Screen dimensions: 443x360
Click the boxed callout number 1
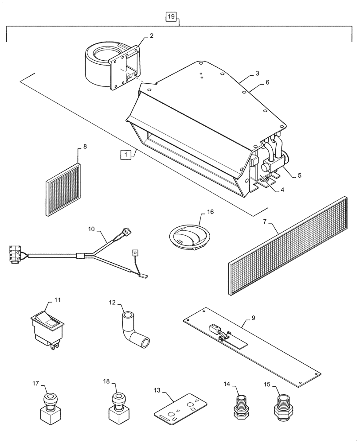coord(126,155)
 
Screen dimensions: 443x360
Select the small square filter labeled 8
coord(64,190)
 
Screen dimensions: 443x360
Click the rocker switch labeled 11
coord(47,327)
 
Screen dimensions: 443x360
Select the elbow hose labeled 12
coord(134,331)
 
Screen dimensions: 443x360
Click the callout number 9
coord(253,317)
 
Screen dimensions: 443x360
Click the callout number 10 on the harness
coord(91,229)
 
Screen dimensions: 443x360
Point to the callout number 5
coord(299,175)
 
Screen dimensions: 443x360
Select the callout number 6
coord(267,82)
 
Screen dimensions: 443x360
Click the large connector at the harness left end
coord(15,254)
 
